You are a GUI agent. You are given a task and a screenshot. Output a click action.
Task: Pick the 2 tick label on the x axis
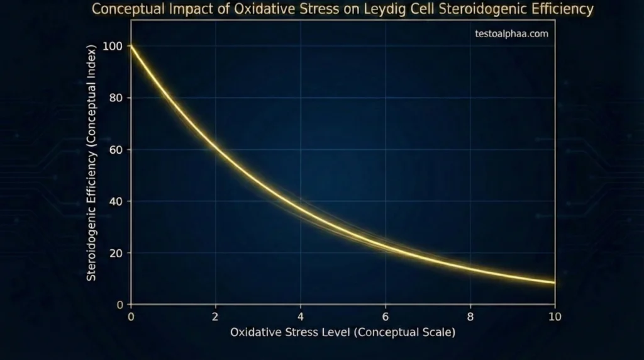[x=216, y=316]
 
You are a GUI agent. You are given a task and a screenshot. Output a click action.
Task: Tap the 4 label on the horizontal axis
[x=301, y=316]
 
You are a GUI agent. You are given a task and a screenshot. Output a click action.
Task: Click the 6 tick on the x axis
[x=386, y=316]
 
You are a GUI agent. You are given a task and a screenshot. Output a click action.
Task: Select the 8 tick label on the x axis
[x=470, y=316]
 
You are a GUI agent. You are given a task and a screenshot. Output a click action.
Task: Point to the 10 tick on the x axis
[x=554, y=316]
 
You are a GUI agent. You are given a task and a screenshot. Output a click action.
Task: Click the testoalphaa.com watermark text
[x=512, y=34]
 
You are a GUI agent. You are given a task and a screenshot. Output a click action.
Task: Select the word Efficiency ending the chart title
[x=563, y=10]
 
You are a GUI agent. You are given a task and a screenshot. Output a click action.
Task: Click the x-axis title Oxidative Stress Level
[x=343, y=332]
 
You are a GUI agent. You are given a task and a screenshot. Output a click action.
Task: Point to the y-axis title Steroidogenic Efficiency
[x=92, y=162]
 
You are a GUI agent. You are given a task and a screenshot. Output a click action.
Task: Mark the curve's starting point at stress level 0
[x=131, y=46]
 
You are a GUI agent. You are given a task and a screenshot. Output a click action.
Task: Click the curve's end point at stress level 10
[x=554, y=283]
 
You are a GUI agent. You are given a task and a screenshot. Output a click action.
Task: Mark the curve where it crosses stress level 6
[x=386, y=246]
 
